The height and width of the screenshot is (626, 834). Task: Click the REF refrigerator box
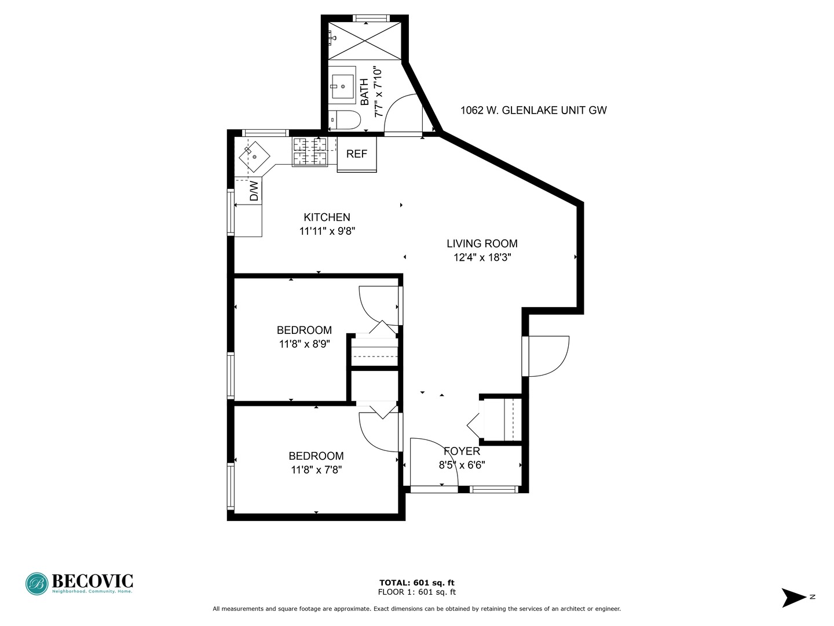coord(356,154)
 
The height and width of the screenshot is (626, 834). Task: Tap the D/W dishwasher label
coord(254,191)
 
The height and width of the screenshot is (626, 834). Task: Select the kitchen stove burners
coord(310,152)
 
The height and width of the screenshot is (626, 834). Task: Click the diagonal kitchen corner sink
coord(254,156)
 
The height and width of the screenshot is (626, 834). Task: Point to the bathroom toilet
coord(344,120)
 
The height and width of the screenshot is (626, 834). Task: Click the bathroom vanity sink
coord(342,86)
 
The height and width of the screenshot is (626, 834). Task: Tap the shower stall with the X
coord(364,41)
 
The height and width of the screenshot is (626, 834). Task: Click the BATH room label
coord(364,92)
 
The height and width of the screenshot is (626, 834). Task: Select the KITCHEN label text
coord(327,217)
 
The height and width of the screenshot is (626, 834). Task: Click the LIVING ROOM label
coord(482,243)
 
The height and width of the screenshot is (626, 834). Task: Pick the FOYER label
coord(462,451)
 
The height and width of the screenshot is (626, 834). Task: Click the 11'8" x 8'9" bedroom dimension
coord(304,344)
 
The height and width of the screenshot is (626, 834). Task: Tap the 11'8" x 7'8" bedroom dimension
coord(316,469)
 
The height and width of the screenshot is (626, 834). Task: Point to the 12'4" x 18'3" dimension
coord(482,258)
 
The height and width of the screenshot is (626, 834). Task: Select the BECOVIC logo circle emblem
coord(37,584)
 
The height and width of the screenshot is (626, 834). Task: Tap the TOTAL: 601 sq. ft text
coord(417,583)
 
